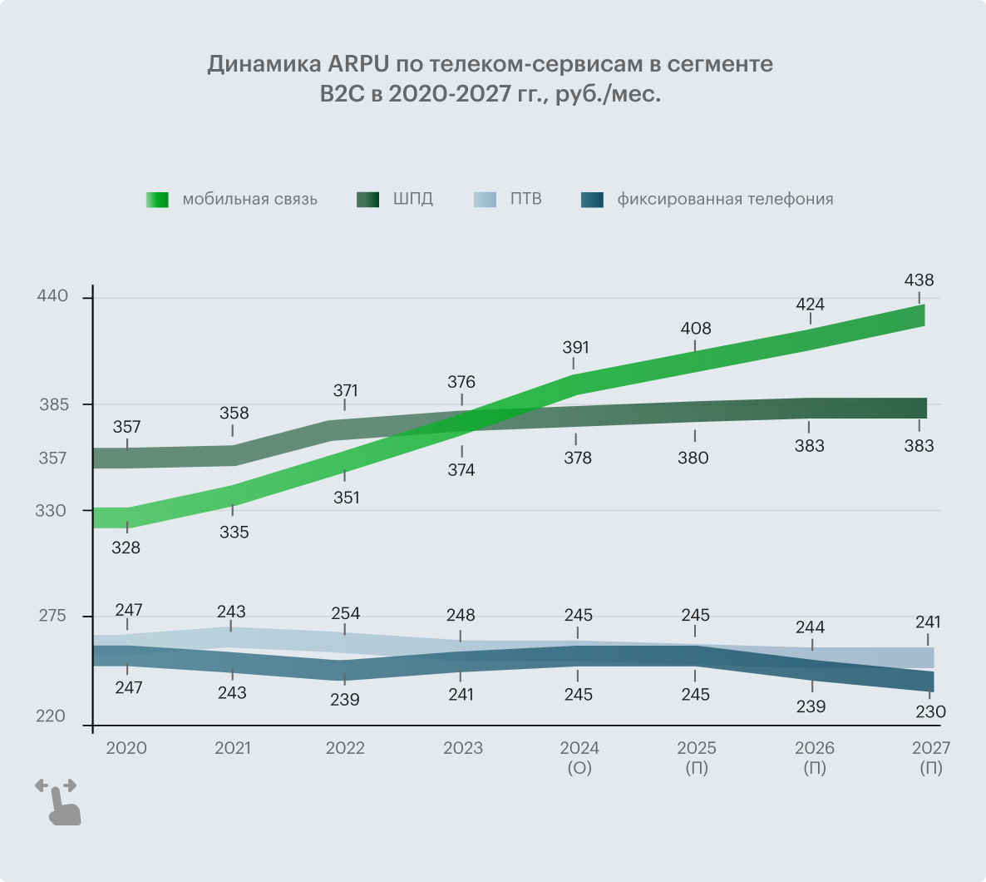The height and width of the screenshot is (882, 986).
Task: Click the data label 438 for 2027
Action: [919, 280]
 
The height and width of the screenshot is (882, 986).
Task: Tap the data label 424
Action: [810, 305]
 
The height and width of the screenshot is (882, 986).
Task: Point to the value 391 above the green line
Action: [575, 348]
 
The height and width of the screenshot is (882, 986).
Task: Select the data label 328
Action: [126, 548]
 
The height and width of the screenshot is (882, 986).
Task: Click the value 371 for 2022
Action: [345, 390]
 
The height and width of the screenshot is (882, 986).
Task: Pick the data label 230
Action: [931, 711]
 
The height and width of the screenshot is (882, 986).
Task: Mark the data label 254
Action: [345, 613]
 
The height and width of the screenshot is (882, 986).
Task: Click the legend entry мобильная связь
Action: [249, 200]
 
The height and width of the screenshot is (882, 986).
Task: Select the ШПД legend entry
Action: [412, 200]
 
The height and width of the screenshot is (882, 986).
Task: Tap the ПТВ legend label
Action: [525, 200]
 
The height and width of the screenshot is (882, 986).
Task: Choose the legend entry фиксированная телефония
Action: [724, 200]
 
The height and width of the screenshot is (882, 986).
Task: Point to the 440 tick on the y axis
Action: [52, 297]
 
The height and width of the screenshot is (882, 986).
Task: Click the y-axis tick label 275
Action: [52, 617]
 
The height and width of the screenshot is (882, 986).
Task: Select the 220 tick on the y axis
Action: [52, 716]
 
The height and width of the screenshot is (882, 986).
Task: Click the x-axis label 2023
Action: [462, 748]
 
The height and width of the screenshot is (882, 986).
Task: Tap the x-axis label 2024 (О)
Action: [579, 757]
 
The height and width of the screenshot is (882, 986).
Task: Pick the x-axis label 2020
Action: [126, 748]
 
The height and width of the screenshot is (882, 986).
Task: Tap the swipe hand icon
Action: [59, 802]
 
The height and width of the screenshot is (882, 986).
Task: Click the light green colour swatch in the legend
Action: [157, 200]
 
